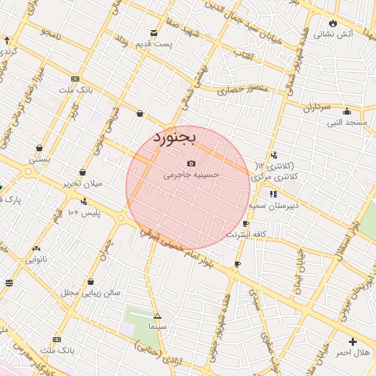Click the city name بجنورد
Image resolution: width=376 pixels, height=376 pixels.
click(x=176, y=137)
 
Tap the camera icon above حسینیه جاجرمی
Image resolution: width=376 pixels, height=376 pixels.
click(x=191, y=163)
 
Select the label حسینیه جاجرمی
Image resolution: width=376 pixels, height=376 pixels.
click(x=191, y=176)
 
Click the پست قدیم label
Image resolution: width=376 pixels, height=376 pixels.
click(x=153, y=45)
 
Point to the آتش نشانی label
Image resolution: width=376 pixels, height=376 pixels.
click(x=333, y=34)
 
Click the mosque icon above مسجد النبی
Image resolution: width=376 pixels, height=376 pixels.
click(x=347, y=112)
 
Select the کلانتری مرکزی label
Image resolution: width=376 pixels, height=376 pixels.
click(x=275, y=177)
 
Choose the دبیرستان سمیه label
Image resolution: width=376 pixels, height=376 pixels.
click(x=272, y=206)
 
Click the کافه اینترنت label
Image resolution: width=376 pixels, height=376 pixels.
click(x=245, y=234)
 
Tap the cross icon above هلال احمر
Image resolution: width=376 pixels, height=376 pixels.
click(x=353, y=341)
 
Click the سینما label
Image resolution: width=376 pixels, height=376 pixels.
click(x=158, y=325)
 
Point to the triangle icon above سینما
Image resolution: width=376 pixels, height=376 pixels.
click(x=157, y=316)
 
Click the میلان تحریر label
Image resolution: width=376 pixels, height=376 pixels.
click(x=81, y=183)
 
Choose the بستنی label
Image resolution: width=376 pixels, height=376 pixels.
click(x=39, y=159)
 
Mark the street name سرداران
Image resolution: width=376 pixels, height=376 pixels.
click(x=318, y=107)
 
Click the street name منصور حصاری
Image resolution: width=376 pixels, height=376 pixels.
click(x=245, y=93)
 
